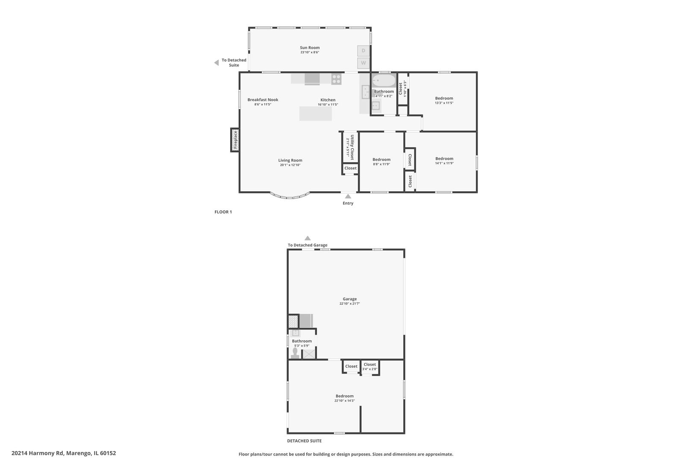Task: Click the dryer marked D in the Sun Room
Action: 364,51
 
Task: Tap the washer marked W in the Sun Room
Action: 364,63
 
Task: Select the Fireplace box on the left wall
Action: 235,140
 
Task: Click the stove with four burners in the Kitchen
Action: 336,79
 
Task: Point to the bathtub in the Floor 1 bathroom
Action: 383,81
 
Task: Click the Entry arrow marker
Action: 348,196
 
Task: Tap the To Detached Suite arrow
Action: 217,63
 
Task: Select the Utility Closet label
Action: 352,147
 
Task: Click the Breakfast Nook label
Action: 263,100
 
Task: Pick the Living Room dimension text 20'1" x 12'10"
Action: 290,165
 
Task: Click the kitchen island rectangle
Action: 315,114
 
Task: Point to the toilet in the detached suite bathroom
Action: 295,353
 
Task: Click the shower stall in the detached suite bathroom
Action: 309,354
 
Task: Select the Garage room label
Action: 349,299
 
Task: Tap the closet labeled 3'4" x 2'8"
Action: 370,367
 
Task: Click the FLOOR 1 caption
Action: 223,212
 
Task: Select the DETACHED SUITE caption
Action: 304,441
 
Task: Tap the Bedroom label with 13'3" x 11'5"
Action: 444,98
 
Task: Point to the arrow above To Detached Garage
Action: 308,238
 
